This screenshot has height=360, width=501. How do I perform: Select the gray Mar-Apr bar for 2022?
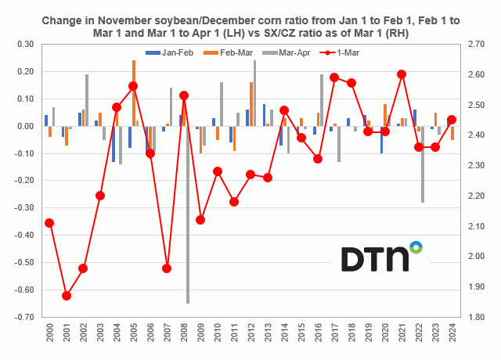tap(423, 164)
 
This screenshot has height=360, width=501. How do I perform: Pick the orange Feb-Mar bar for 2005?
tap(134, 92)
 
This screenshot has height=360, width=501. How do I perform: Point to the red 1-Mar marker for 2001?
tap(67, 296)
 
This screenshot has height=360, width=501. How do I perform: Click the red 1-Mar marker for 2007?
tap(167, 268)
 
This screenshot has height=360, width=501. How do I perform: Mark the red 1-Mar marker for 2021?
tap(402, 74)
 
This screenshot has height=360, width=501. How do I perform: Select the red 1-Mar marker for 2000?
tap(49, 222)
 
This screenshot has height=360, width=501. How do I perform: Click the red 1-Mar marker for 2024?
tap(452, 120)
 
